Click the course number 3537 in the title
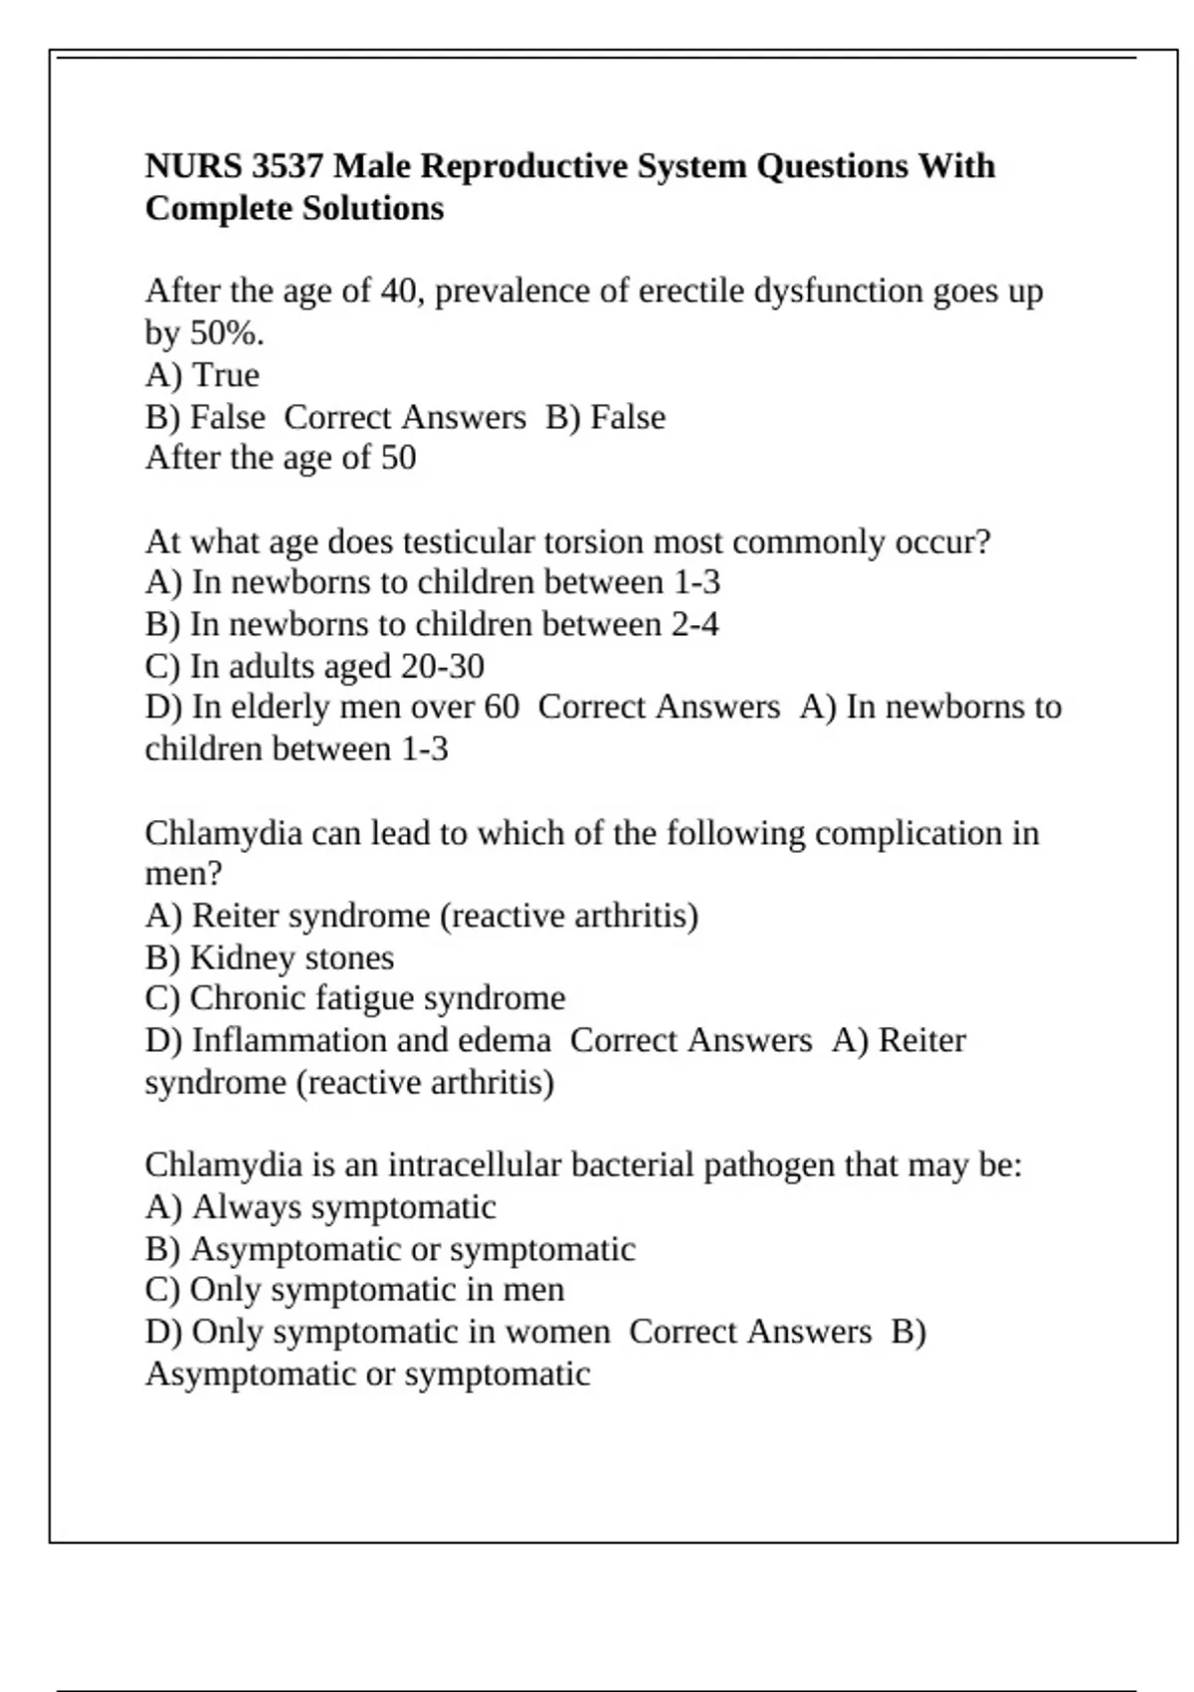[288, 165]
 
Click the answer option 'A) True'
[202, 375]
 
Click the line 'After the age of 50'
[281, 458]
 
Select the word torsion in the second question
[588, 542]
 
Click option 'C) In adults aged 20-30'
[314, 667]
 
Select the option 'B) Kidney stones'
[270, 957]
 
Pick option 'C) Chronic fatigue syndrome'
[355, 998]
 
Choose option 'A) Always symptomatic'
[320, 1207]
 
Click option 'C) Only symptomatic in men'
[354, 1290]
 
